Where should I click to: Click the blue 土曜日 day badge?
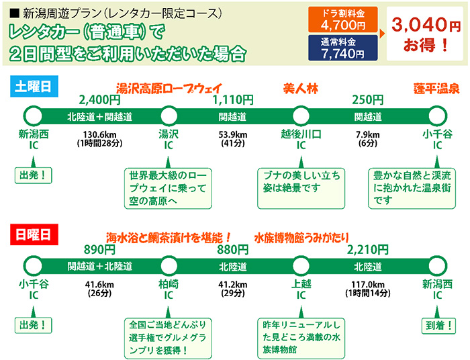pyautogui.click(x=34, y=87)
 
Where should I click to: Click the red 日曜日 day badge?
pyautogui.click(x=34, y=234)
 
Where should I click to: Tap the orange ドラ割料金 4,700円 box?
pyautogui.click(x=342, y=19)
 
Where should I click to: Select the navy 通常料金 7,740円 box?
pyautogui.click(x=342, y=48)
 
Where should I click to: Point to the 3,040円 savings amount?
pyautogui.click(x=426, y=25)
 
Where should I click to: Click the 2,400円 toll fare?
pyautogui.click(x=99, y=100)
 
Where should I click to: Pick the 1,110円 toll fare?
pyautogui.click(x=233, y=100)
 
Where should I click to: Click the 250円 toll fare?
pyautogui.click(x=367, y=100)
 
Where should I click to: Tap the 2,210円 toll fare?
pyautogui.click(x=367, y=249)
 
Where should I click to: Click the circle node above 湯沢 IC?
pyautogui.click(x=169, y=116)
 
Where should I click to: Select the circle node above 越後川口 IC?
pyautogui.click(x=301, y=116)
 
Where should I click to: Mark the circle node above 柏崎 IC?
pyautogui.click(x=169, y=265)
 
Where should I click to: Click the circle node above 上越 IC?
pyautogui.click(x=301, y=265)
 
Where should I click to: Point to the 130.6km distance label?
pyautogui.click(x=99, y=135)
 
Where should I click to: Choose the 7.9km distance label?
pyautogui.click(x=367, y=135)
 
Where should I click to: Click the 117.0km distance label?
pyautogui.click(x=368, y=285)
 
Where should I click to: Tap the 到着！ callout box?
pyautogui.click(x=438, y=326)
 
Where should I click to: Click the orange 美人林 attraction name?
pyautogui.click(x=300, y=89)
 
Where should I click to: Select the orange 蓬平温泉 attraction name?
pyautogui.click(x=436, y=89)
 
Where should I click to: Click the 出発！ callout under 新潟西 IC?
pyautogui.click(x=34, y=175)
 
